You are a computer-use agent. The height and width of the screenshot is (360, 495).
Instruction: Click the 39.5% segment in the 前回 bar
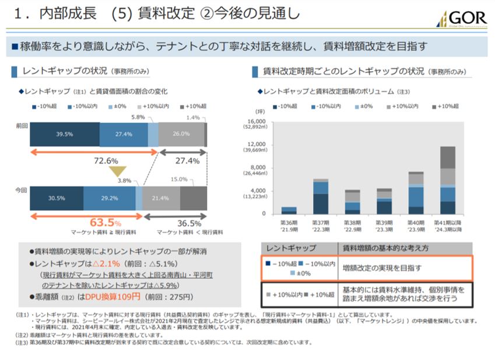pyautogui.click(x=64, y=134)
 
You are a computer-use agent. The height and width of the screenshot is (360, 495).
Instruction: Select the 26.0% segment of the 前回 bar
pyautogui.click(x=181, y=134)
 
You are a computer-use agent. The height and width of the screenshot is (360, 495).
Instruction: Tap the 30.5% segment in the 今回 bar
pyautogui.click(x=56, y=198)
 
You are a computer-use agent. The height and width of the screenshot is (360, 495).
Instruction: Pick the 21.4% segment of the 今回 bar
pyautogui.click(x=160, y=198)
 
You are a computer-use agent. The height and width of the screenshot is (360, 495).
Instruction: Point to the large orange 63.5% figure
pyautogui.click(x=106, y=223)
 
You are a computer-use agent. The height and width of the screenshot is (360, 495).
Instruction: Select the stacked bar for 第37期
pyautogui.click(x=321, y=196)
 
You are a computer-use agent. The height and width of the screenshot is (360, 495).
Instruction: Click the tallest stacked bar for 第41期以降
pyautogui.click(x=448, y=180)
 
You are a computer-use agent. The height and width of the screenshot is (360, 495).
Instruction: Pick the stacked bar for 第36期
pyautogui.click(x=289, y=210)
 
